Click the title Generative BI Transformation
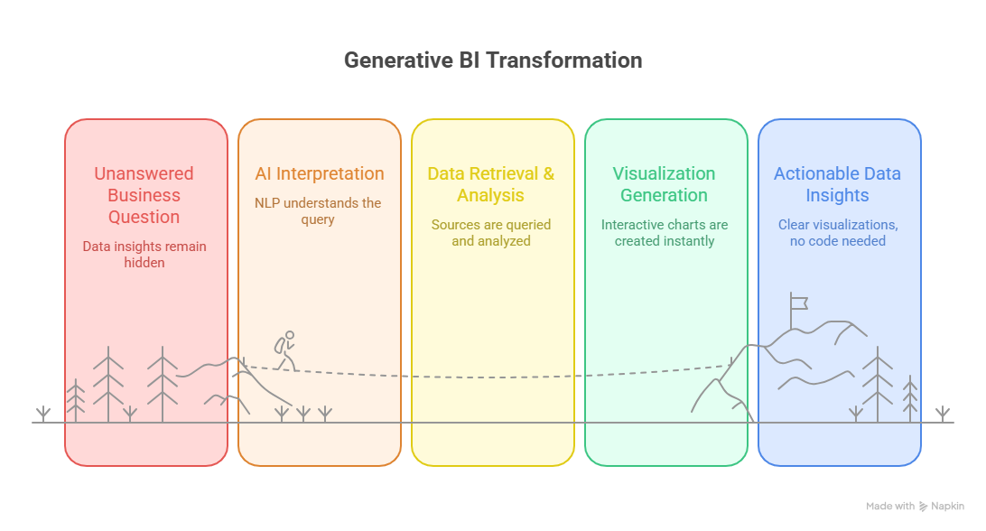pos(493,61)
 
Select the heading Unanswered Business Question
pos(144,195)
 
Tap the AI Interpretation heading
pos(319,173)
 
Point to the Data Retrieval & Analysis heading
pos(491,184)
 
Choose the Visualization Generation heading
pos(664,184)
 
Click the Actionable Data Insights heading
pos(837,184)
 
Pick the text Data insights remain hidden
pos(144,254)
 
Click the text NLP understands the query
pos(318,211)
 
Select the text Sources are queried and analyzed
pos(491,233)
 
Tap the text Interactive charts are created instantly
pos(664,233)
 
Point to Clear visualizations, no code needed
pos(837,233)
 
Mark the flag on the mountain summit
pos(798,302)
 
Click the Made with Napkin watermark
pos(915,507)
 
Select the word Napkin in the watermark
pos(947,507)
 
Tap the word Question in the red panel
pos(144,217)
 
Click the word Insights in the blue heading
pos(837,195)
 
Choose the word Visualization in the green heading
pos(664,173)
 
